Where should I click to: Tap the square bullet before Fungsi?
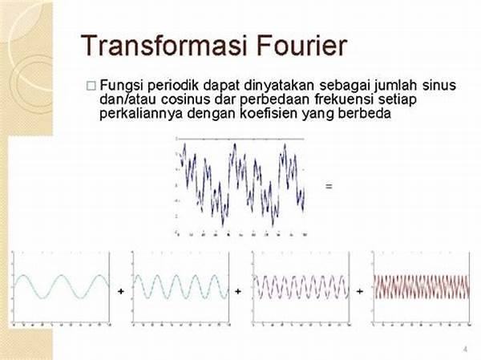(91, 85)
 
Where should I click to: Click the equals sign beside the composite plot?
(329, 186)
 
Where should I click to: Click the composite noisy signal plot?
(240, 185)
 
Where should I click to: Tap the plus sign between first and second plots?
(120, 290)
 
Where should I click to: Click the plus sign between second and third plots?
(240, 290)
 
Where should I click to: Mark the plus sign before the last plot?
(360, 290)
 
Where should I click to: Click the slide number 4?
(465, 350)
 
